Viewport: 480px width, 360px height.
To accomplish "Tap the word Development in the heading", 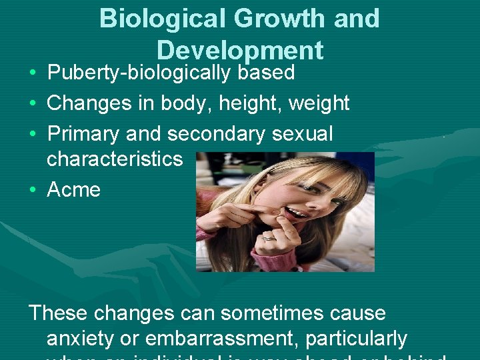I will click(240, 50).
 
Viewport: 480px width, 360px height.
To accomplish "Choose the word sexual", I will click(303, 134).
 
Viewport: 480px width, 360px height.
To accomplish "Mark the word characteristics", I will click(115, 159).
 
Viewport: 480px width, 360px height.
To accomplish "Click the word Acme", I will click(74, 190).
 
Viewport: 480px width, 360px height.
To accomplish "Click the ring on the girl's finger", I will click(267, 236).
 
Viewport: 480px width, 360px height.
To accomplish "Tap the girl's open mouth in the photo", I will click(296, 215).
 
